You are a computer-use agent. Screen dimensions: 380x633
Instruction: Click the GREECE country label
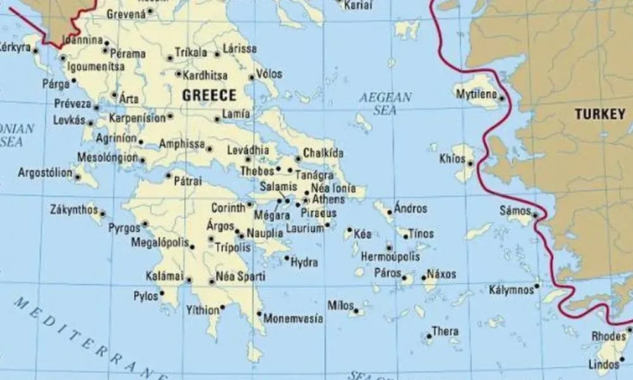[x=209, y=96]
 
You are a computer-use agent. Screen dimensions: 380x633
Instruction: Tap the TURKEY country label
[x=599, y=115]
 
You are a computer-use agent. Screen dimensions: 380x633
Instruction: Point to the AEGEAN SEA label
[x=385, y=104]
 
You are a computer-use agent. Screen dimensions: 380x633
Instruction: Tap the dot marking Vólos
[x=252, y=77]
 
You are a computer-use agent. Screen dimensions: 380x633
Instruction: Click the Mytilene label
[x=477, y=94]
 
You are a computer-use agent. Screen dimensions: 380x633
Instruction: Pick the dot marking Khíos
[x=470, y=164]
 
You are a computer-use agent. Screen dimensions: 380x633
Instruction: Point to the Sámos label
[x=515, y=210]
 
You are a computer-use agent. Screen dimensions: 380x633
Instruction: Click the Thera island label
[x=445, y=331]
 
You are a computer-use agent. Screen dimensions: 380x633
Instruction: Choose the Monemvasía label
[x=293, y=319]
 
